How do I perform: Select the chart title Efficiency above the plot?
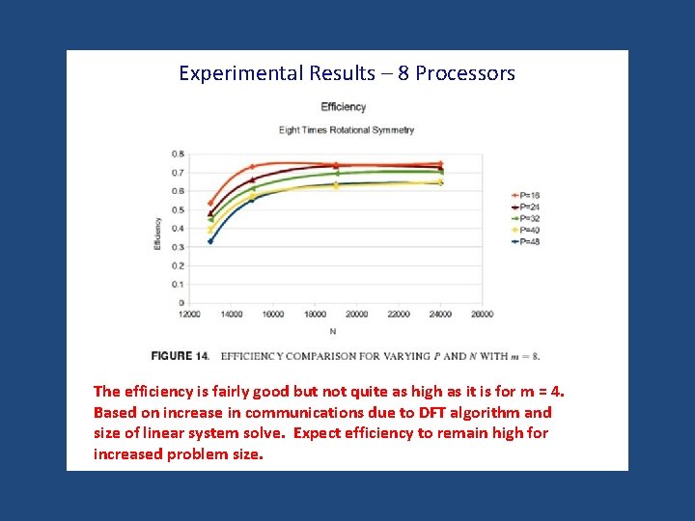coord(344,107)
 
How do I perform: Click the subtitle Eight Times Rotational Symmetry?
coord(346,129)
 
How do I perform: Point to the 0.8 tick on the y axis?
coord(178,153)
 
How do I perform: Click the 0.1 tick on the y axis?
coord(178,285)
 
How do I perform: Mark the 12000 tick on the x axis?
coord(189,315)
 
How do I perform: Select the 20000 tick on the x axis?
coord(357,315)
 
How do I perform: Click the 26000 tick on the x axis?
coord(482,315)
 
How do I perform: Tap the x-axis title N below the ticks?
coord(333,331)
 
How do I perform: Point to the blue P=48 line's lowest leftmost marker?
coord(210,241)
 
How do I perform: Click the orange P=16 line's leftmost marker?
coord(210,204)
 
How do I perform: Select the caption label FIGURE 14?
coord(180,356)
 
